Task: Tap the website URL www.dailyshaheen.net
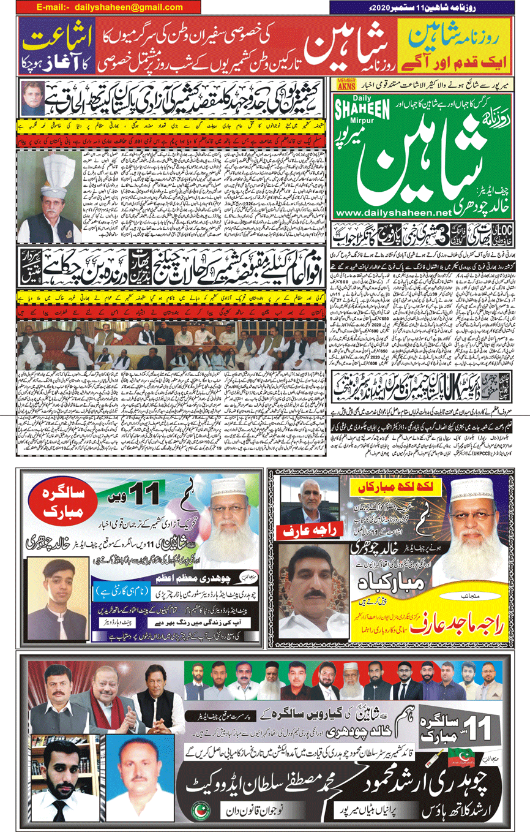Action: (x=397, y=211)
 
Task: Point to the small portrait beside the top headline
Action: (x=34, y=98)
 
